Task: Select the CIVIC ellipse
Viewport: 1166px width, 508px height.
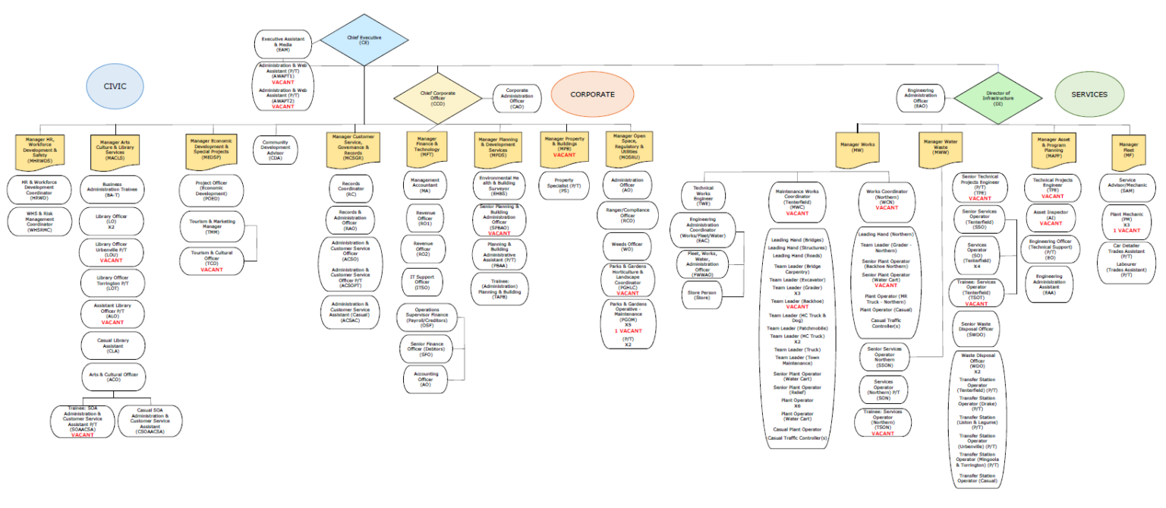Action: coord(115,87)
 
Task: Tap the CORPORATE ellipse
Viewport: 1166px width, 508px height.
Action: coord(592,94)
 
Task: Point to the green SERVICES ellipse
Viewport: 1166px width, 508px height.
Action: coord(1089,94)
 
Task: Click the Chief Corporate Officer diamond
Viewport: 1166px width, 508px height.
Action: coord(438,97)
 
